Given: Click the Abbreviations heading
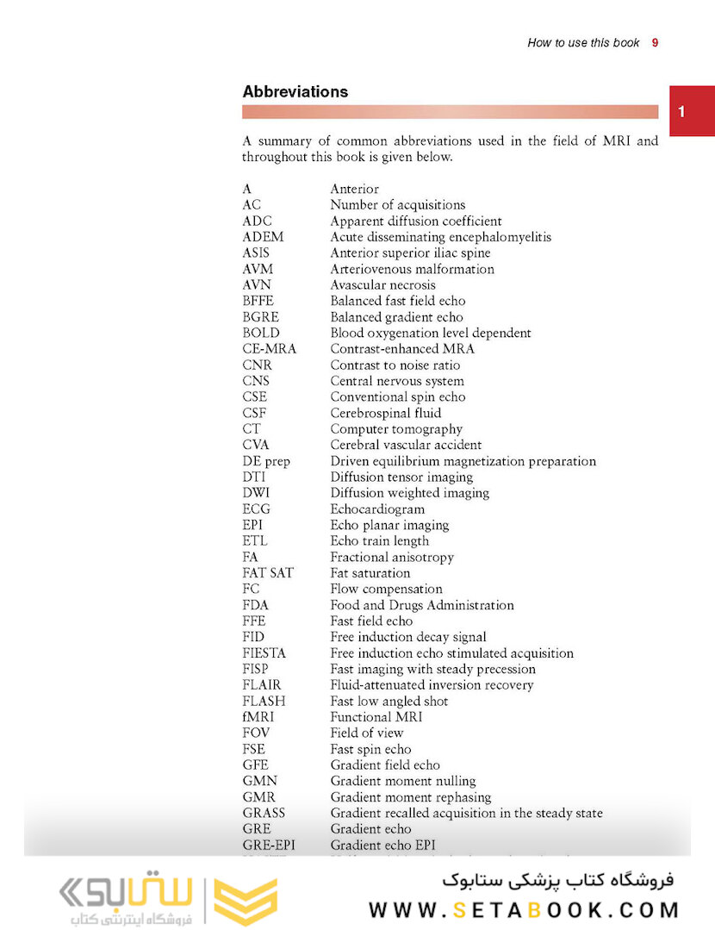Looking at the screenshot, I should [x=295, y=91].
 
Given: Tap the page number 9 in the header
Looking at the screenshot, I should [x=655, y=42].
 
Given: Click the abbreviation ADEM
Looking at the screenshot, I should [x=263, y=237].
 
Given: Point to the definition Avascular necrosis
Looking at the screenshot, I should [x=382, y=285].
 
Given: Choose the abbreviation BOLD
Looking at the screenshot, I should [x=261, y=333].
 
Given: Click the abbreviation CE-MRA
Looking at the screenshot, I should [x=269, y=349].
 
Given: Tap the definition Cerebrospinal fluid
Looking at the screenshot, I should [x=385, y=413].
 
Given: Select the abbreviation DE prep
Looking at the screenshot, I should [x=266, y=461].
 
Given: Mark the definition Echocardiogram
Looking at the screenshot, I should [x=377, y=509].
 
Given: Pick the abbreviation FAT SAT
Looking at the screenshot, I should [x=268, y=573].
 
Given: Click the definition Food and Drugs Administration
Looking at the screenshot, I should [x=422, y=605].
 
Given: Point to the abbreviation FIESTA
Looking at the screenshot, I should [x=264, y=653].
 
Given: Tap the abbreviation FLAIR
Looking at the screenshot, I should [x=262, y=685].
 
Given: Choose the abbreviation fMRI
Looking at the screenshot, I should [x=259, y=717].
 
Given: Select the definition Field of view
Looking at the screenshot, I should [x=366, y=733].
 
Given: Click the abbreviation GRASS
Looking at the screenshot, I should [x=264, y=813].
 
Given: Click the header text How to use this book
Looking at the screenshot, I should [x=583, y=42].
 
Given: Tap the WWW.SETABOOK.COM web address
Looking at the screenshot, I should [x=524, y=909].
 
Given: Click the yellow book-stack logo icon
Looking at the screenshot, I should [x=246, y=902].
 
